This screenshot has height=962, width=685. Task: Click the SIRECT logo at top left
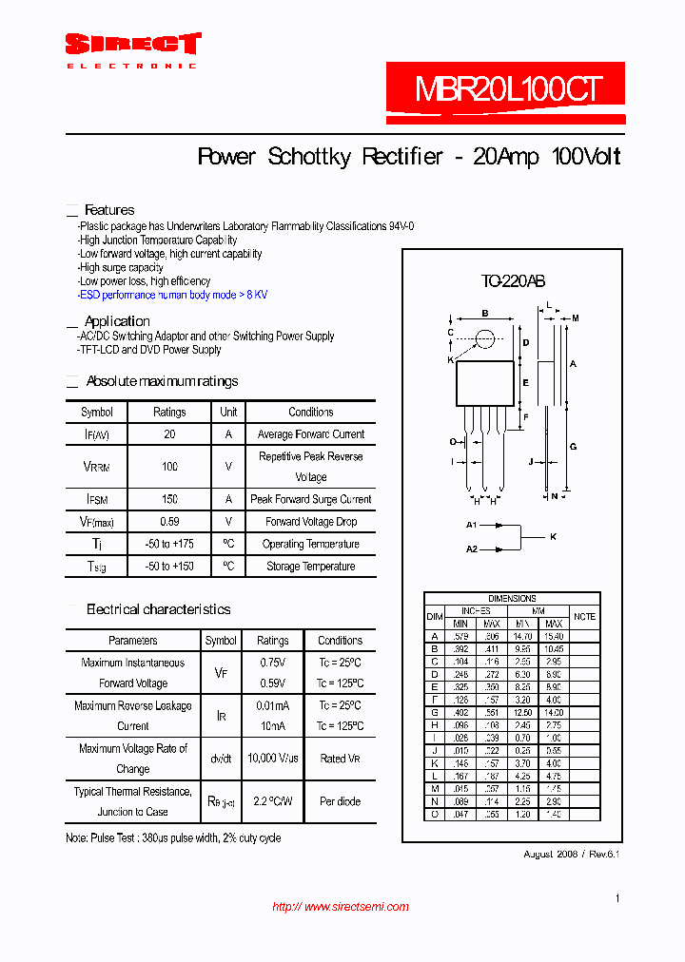pos(132,45)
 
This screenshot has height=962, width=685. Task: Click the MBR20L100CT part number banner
pos(507,90)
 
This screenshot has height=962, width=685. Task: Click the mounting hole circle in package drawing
pos(485,337)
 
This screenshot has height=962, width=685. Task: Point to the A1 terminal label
pos(471,525)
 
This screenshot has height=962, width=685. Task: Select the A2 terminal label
pos(471,548)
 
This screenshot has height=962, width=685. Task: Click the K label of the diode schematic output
pos(553,537)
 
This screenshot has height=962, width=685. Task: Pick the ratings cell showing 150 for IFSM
pos(169,499)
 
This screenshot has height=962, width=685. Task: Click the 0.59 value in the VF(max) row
pos(169,522)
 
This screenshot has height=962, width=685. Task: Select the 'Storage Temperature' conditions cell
pos(310,567)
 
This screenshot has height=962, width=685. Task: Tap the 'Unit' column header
pos(228,413)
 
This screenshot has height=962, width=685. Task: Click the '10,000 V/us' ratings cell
pos(273,759)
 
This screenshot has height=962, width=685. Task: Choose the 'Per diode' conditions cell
pos(340,801)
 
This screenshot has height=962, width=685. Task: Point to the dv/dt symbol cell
pos(221,759)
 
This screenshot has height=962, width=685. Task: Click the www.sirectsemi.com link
pos(341,907)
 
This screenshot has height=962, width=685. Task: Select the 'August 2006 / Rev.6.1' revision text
pos(571,855)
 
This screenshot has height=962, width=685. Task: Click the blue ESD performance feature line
pos(172,295)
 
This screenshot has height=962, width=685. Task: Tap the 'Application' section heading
pos(117,321)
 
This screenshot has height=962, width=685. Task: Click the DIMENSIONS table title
pos(512,599)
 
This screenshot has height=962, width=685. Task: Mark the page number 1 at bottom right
pos(617,898)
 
